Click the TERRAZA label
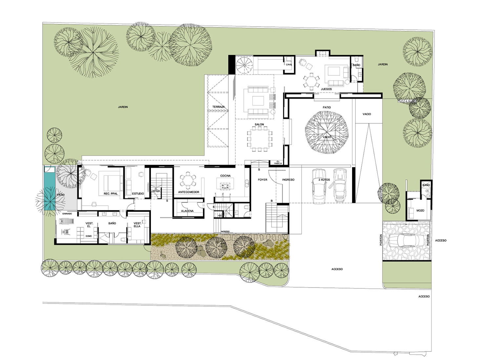(218, 107)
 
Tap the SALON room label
(259, 124)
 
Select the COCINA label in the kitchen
(225, 176)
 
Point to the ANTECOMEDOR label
(188, 192)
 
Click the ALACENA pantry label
(187, 211)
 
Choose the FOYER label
(262, 180)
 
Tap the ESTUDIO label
(138, 194)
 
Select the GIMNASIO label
(65, 213)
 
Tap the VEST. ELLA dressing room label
(137, 225)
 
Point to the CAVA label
(289, 65)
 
